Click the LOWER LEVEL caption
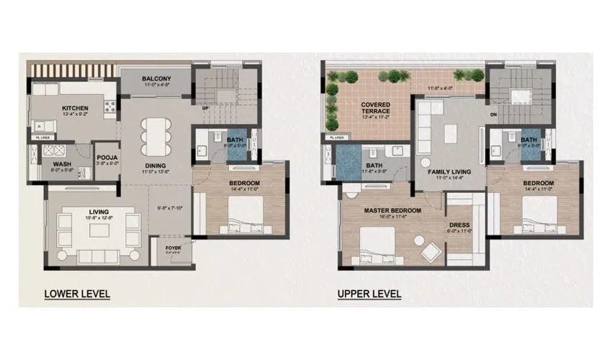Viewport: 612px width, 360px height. [x=77, y=294]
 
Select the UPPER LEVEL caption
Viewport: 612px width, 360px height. [x=369, y=294]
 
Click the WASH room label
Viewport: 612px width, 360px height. [x=61, y=163]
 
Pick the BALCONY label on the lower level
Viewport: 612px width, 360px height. [x=156, y=78]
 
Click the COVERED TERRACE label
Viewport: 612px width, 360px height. [x=376, y=109]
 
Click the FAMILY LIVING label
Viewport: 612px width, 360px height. [x=449, y=172]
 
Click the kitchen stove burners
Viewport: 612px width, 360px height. [x=109, y=109]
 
